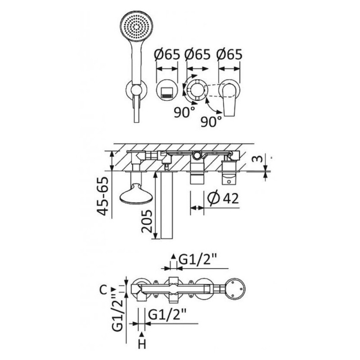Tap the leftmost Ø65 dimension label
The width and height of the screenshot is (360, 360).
tap(167, 55)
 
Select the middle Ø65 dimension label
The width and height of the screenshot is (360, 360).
tap(198, 55)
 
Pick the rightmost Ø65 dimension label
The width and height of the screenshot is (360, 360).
tap(229, 55)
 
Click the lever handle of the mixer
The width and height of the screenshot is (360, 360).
tap(229, 99)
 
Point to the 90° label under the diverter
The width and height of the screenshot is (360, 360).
tap(184, 112)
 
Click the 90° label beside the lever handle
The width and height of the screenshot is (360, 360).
tap(211, 121)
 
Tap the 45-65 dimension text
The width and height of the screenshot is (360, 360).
tap(103, 196)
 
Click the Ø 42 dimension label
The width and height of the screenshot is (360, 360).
tap(223, 198)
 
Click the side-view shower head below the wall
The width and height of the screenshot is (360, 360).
tap(136, 193)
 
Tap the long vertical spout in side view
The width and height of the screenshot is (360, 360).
tap(166, 205)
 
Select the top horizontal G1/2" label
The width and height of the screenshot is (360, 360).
tap(198, 260)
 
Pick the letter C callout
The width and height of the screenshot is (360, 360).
tap(103, 290)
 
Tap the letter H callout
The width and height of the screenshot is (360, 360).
tap(142, 344)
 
